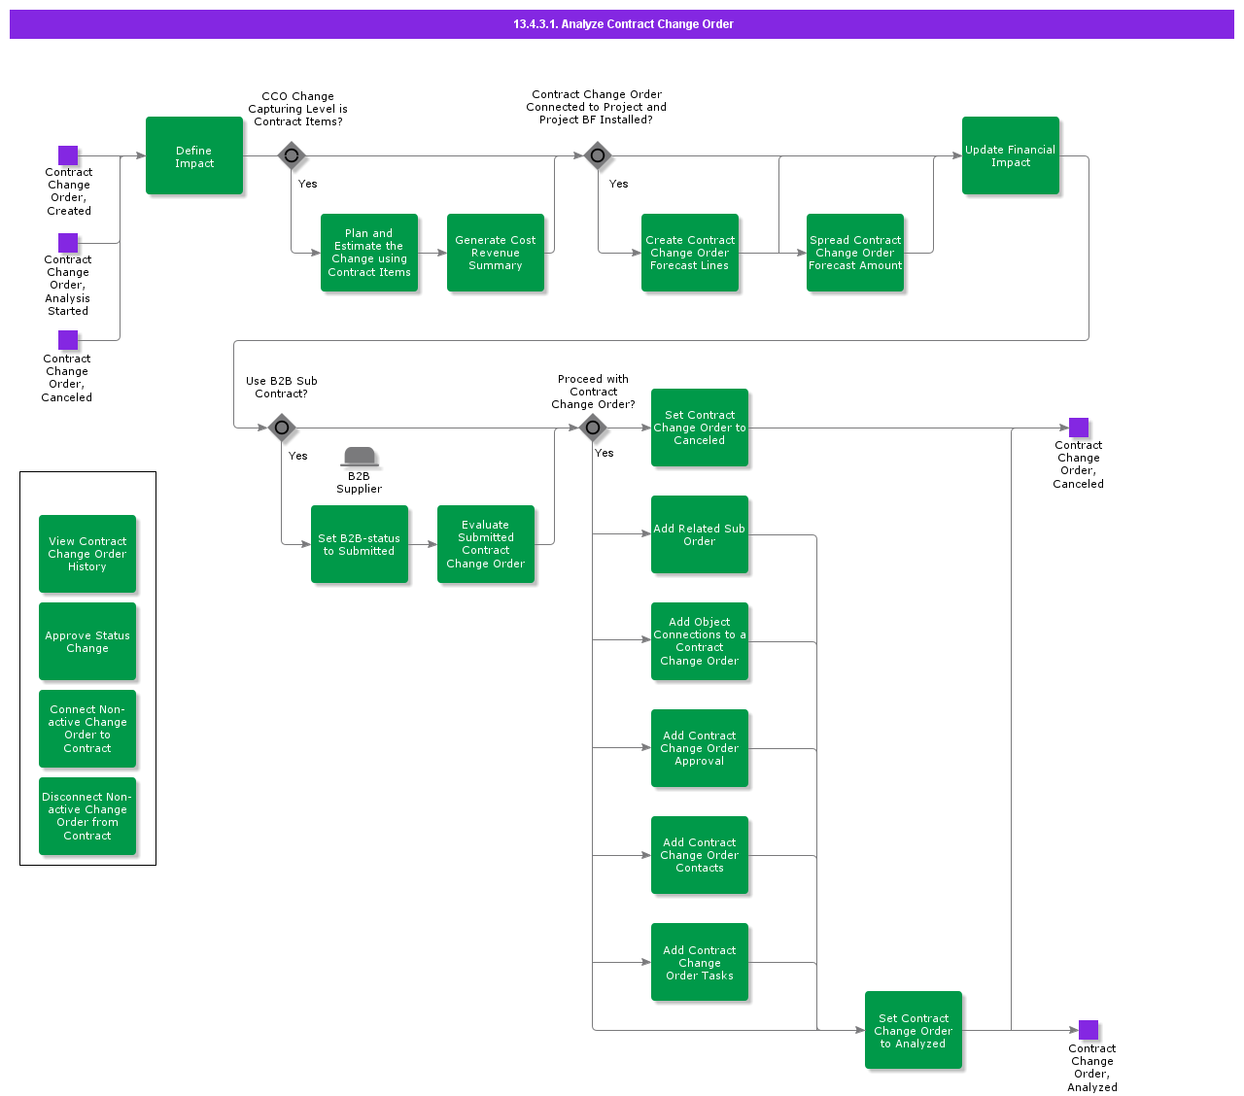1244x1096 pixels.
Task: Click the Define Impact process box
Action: (194, 155)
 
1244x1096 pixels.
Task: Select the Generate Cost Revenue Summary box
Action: (496, 253)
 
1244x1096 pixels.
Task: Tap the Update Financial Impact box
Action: (1011, 155)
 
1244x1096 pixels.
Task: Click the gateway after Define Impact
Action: (292, 155)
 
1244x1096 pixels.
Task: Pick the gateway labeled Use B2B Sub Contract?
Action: (282, 428)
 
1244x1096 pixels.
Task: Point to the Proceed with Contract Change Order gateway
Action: (593, 428)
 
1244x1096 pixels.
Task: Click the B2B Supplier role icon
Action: (360, 457)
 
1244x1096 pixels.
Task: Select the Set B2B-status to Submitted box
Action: (360, 544)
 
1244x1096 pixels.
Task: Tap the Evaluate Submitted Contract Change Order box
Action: (486, 544)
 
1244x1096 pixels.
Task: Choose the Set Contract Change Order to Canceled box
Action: (700, 428)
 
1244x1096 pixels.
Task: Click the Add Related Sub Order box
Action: (700, 534)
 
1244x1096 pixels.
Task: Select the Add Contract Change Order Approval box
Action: (700, 748)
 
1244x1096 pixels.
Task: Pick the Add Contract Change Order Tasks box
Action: (700, 962)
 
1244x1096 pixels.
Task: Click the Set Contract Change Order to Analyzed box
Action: (914, 1030)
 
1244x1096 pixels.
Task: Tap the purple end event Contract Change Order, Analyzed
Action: (1088, 1030)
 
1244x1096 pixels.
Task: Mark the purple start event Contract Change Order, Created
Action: (68, 155)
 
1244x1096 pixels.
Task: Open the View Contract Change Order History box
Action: (87, 554)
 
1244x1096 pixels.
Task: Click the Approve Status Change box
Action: (87, 641)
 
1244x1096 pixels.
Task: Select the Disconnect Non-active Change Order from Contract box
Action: (87, 816)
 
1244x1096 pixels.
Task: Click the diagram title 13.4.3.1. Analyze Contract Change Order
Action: (623, 24)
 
